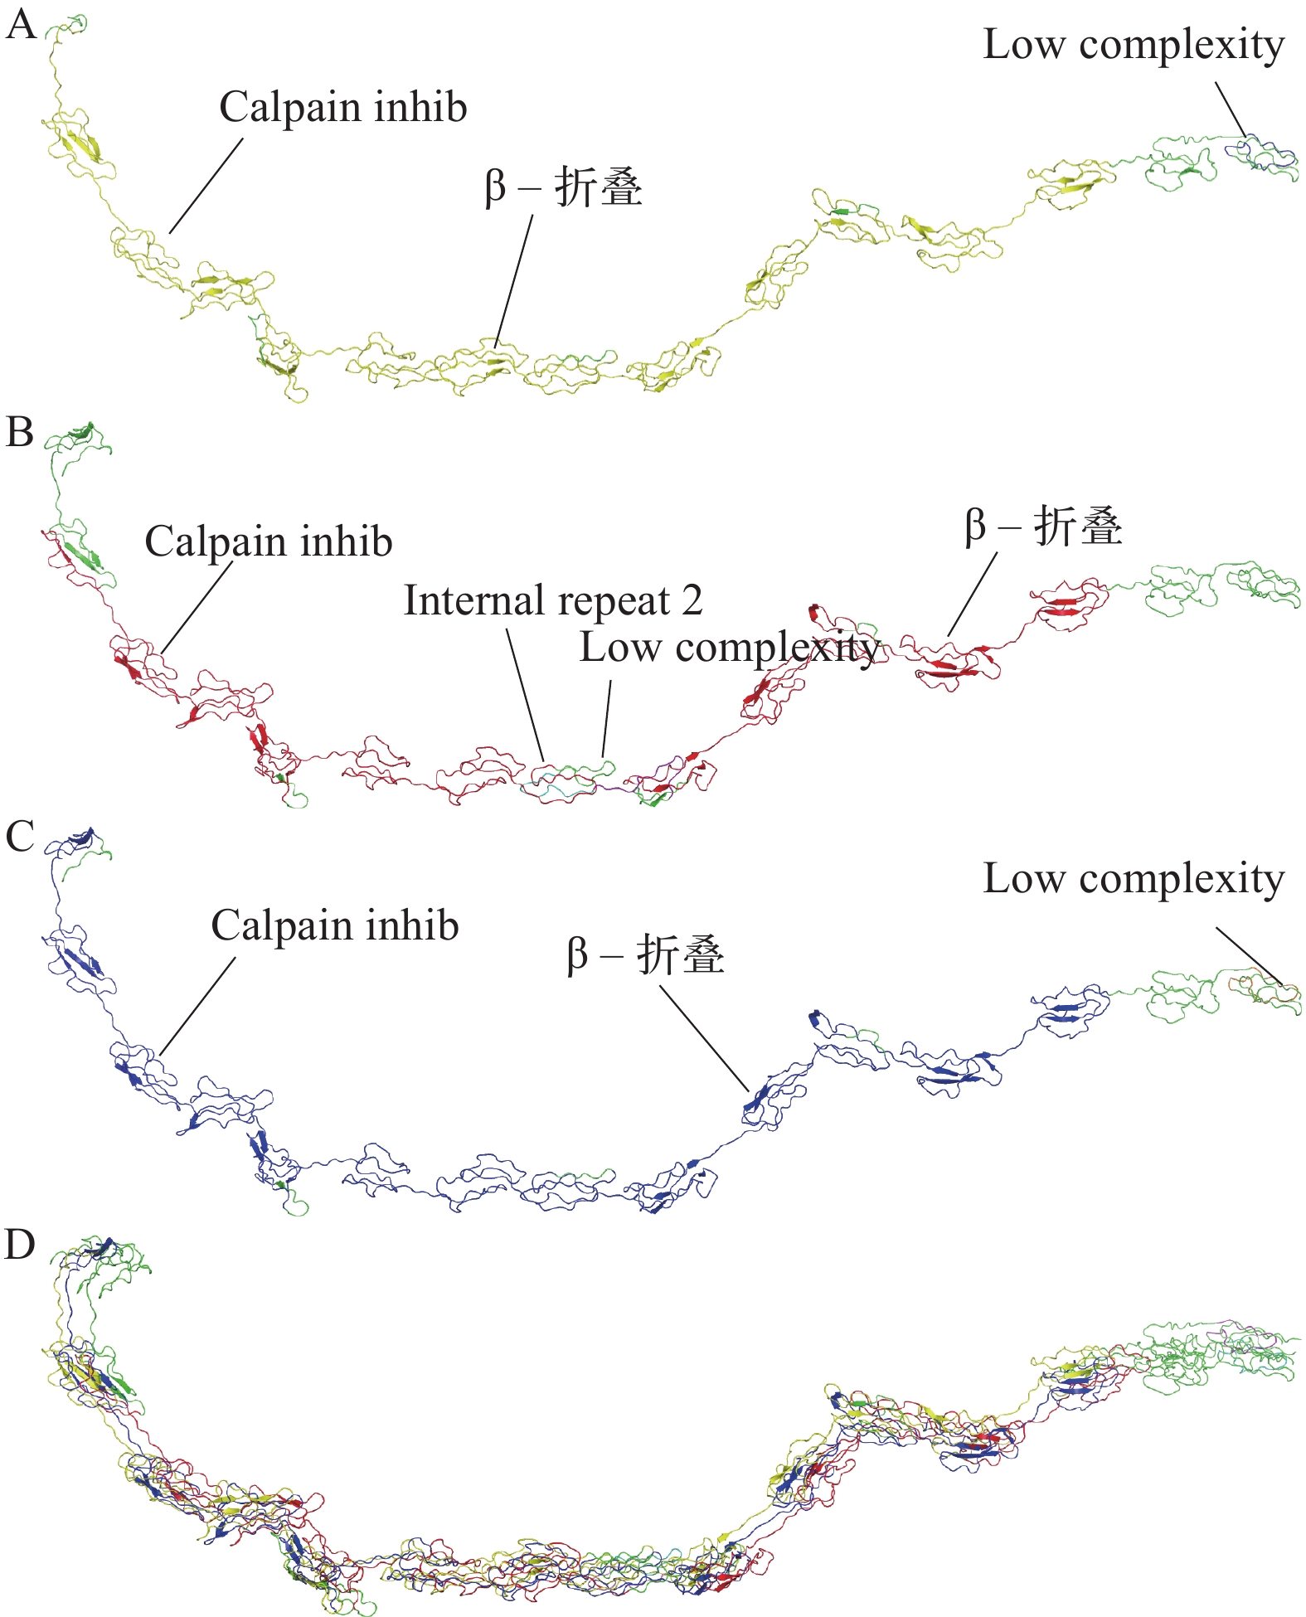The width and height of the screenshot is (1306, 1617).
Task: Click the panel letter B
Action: coord(19,433)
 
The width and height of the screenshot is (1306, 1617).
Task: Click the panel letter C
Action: coord(20,837)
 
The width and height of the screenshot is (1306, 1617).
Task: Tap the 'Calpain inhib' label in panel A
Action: coord(342,108)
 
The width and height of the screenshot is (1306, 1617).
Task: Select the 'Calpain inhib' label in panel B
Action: coord(268,542)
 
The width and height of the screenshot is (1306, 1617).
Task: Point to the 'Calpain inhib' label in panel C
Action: coord(334,926)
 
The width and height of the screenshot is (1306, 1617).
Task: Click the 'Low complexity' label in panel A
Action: coord(1133,45)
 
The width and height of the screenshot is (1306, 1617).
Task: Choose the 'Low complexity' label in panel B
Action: coord(729,648)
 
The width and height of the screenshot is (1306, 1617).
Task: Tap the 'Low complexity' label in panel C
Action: coord(1133,879)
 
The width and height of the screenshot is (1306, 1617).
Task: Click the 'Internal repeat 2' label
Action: coord(553,601)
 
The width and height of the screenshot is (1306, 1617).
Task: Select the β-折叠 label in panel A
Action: coord(564,187)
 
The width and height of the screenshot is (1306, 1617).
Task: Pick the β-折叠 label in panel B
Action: coord(1043,527)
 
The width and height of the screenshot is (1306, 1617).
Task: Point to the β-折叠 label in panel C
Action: coord(645,955)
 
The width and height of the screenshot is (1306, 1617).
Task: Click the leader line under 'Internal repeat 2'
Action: coord(526,693)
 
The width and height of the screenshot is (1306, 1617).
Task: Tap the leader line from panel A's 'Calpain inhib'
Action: coord(206,186)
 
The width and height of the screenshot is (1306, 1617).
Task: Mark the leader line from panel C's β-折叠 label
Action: coord(703,1037)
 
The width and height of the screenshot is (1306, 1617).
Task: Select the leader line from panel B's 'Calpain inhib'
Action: coord(197,607)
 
